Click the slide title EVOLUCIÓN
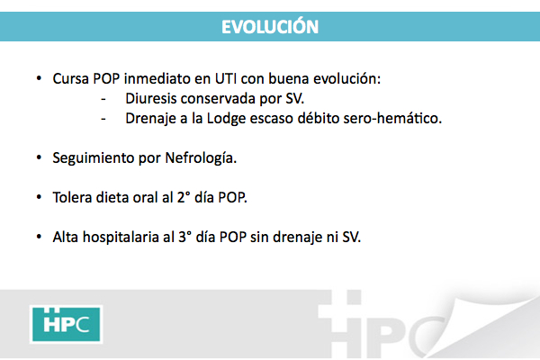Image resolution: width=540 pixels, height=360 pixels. point(270,26)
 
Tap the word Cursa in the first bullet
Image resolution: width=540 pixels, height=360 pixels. point(71,78)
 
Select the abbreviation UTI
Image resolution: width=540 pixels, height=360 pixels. point(226,78)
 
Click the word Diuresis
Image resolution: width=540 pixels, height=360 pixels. point(151,98)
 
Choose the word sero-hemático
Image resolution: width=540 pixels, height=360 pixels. point(392,118)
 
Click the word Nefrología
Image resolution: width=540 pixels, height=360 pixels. point(201,158)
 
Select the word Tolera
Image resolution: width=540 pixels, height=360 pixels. point(72,197)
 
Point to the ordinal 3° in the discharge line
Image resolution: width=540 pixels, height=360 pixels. point(184,237)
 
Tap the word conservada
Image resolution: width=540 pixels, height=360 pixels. point(218,98)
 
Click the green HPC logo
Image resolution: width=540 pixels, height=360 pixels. point(66,324)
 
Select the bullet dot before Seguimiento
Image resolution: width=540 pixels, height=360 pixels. point(39,157)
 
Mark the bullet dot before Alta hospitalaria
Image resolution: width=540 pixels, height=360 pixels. point(39,237)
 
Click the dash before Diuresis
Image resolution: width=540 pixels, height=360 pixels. point(103,99)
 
